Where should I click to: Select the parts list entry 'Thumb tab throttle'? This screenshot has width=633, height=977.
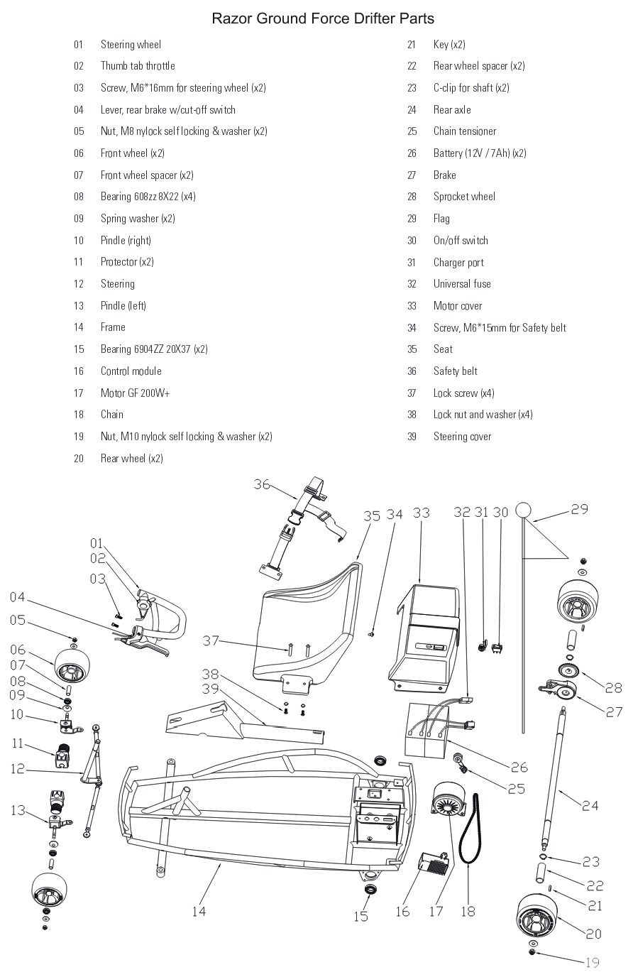tap(137, 66)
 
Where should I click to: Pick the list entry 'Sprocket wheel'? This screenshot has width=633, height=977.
tap(464, 197)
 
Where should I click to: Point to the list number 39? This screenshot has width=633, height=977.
tap(412, 437)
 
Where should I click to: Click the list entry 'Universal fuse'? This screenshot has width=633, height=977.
tap(462, 284)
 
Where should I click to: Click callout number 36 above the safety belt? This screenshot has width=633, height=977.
tap(262, 484)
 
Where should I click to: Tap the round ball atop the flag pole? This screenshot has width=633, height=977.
tap(523, 511)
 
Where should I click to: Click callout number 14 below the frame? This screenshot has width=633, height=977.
tap(199, 911)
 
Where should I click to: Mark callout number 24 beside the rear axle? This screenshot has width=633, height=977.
tap(590, 806)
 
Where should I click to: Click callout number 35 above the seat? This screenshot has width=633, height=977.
tap(372, 516)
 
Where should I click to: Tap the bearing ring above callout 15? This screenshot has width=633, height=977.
tap(370, 890)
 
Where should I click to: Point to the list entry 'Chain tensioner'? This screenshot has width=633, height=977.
tap(464, 131)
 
